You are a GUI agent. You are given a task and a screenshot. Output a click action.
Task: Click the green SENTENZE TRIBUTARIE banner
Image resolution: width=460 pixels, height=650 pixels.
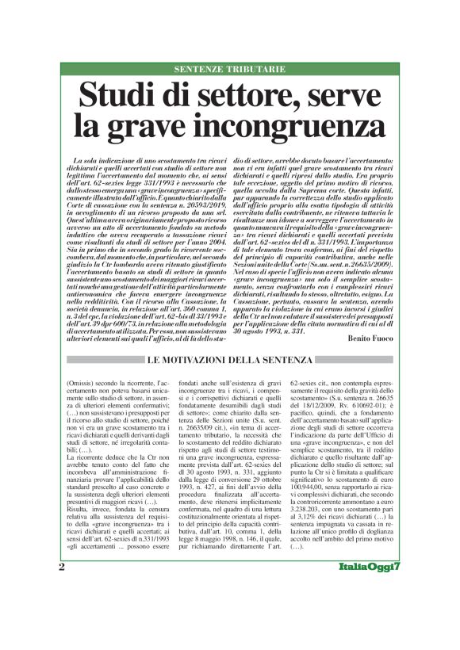click(x=229, y=70)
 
